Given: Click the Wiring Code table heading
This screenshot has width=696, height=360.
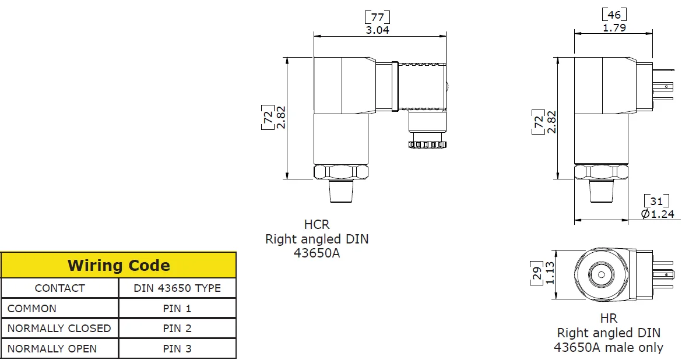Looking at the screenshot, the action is (118, 266).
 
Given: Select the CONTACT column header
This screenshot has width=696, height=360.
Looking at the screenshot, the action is (59, 288).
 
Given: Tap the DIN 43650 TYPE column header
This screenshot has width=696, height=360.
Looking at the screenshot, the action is (177, 288).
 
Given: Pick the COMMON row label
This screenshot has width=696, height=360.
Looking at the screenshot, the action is (32, 309).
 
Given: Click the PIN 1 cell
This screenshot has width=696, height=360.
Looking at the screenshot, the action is (177, 309).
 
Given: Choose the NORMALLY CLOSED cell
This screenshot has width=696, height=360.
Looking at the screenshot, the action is (59, 329).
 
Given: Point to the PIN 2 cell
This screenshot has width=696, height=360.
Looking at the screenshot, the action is (177, 329).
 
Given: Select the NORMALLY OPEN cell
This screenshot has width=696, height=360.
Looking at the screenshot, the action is (52, 349).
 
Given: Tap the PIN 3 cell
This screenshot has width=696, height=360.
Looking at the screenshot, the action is (177, 349).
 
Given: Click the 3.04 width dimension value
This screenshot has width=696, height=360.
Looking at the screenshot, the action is (377, 30).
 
